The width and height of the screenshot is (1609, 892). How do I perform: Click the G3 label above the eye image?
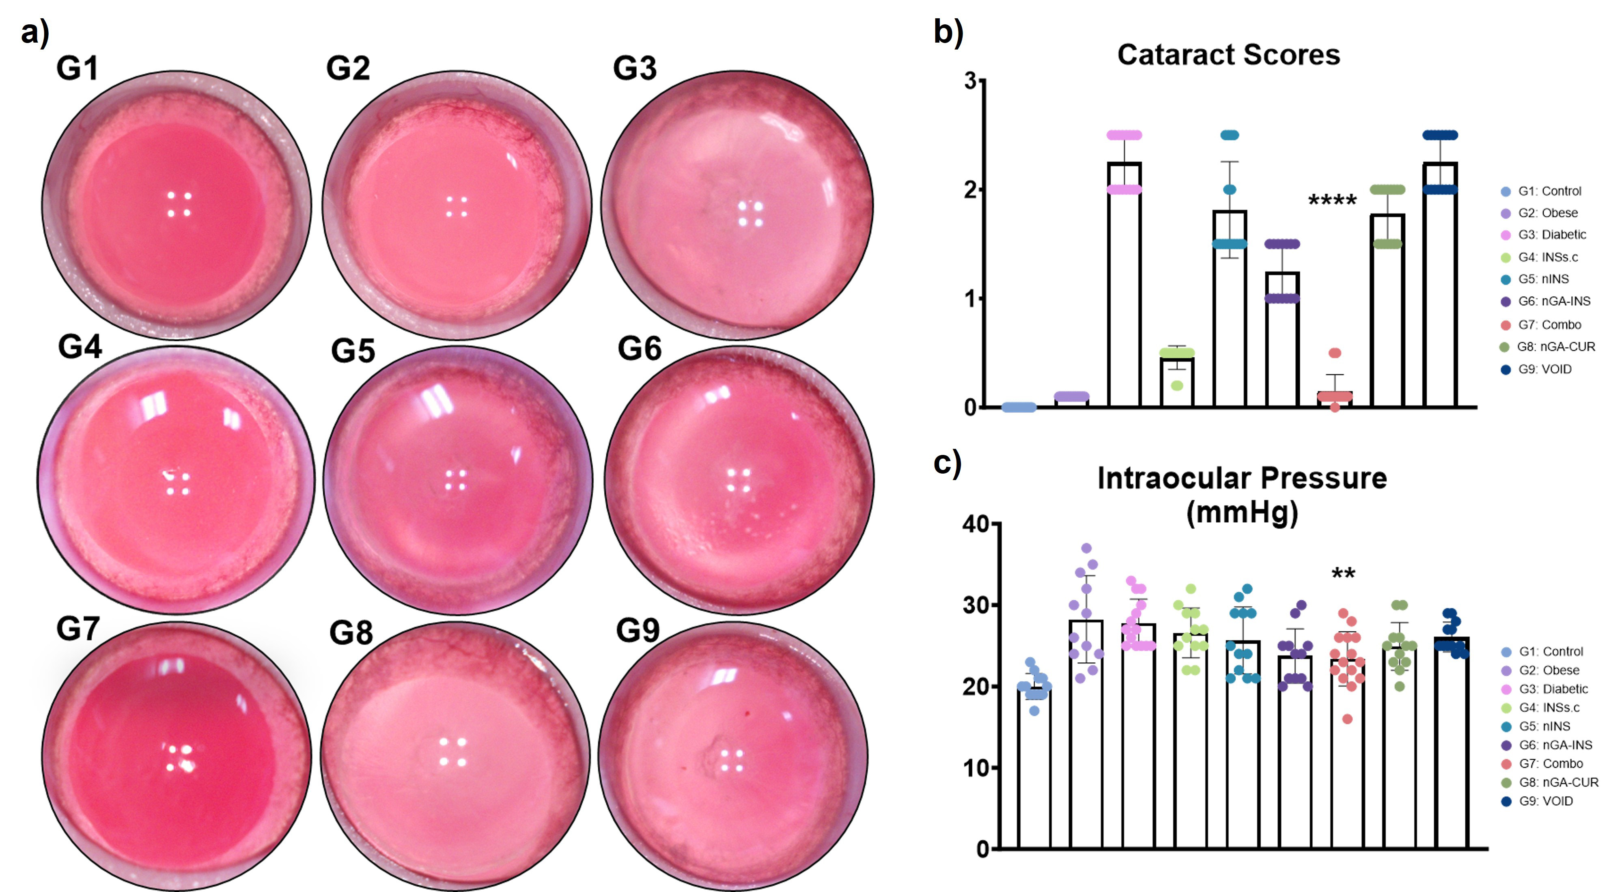635,68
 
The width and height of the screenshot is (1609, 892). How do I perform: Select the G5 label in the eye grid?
353,351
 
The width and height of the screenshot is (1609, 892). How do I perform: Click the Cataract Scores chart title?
1228,55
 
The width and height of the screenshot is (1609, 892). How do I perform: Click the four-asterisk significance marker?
1332,201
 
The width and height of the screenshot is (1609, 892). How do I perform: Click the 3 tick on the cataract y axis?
970,81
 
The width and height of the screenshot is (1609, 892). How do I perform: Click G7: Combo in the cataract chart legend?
1549,325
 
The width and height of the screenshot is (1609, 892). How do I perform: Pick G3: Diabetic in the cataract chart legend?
1551,235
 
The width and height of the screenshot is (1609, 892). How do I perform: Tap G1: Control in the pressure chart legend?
1550,651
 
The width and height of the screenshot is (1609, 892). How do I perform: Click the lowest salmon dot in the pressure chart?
1347,719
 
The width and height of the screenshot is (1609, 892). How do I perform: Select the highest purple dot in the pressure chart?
1086,548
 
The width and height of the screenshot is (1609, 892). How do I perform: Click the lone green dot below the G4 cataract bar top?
1177,386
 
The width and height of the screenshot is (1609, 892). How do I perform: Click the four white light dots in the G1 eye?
179,204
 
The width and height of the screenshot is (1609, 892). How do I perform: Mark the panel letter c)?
947,463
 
